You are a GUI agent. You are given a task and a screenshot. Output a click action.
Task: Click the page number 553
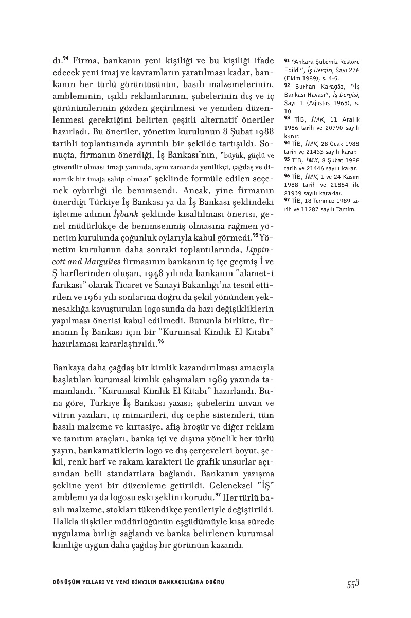352,583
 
